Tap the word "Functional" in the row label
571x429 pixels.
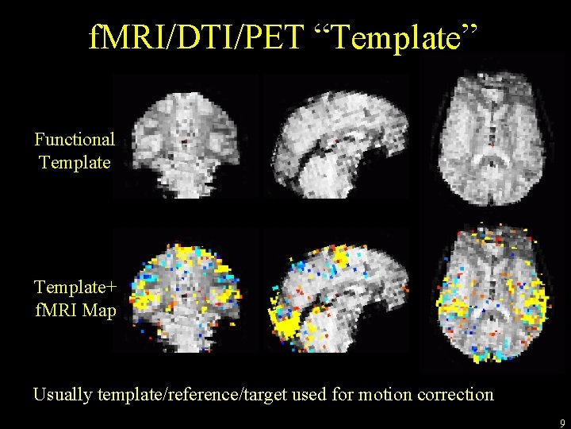click(75, 140)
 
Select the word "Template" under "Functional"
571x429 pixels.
click(75, 163)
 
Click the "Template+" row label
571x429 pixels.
click(75, 286)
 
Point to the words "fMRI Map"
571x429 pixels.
click(75, 310)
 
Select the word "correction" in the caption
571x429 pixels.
click(454, 394)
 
